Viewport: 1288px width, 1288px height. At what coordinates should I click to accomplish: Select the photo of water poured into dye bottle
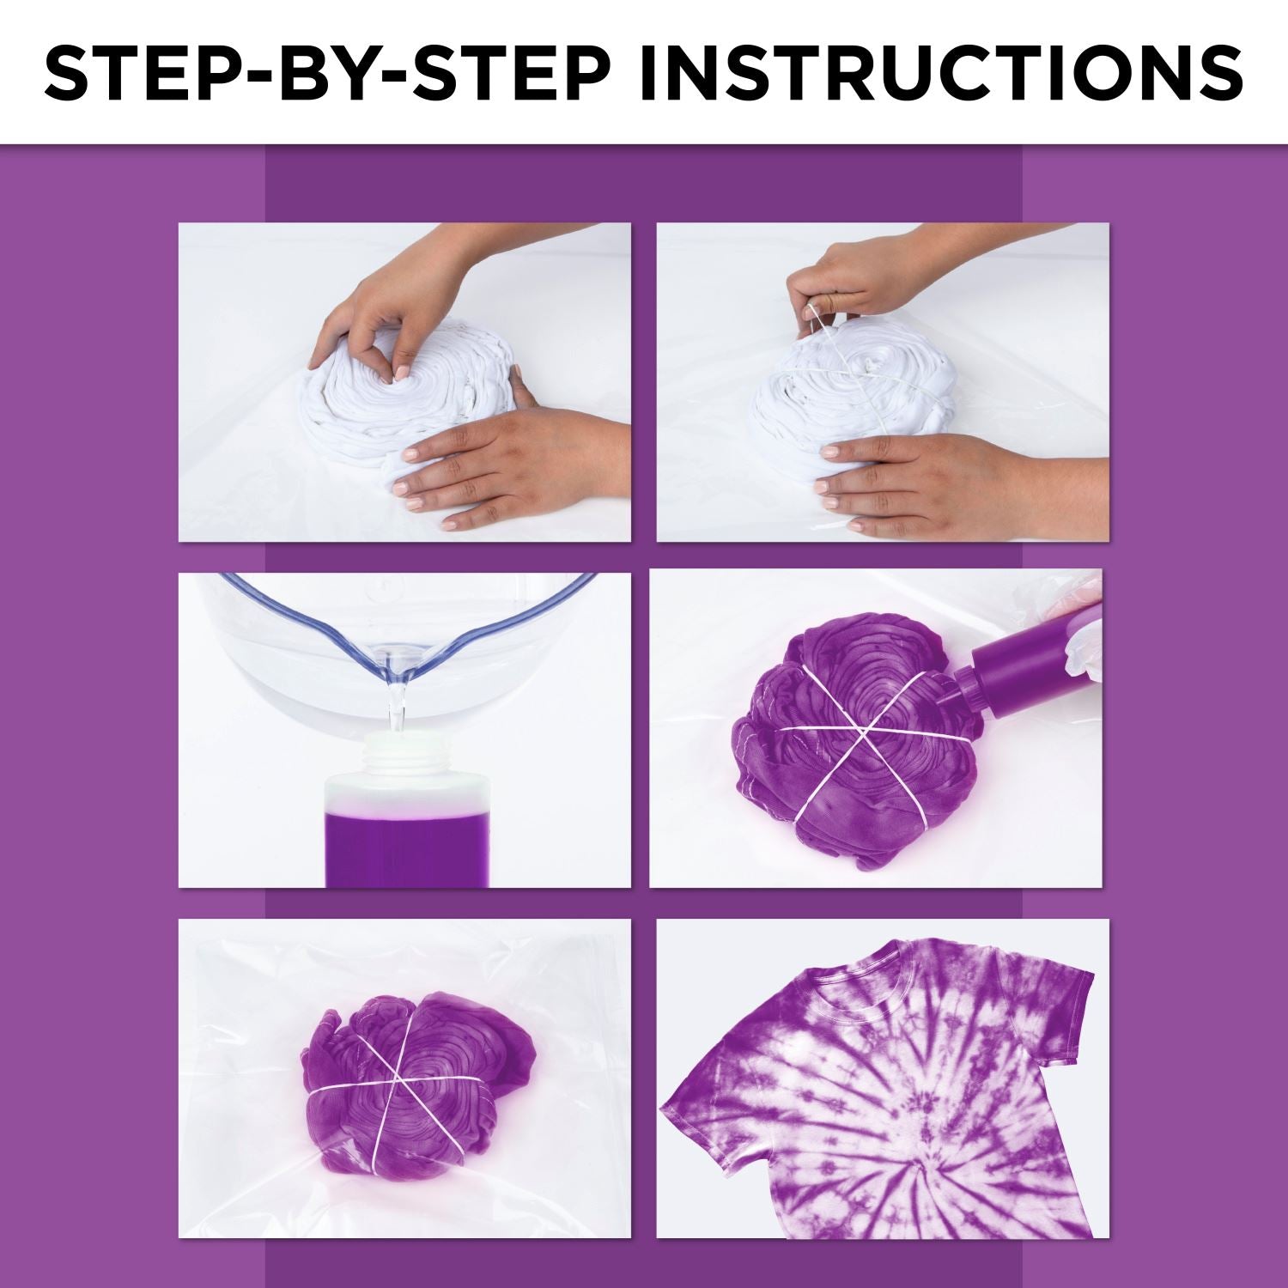(x=404, y=730)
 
